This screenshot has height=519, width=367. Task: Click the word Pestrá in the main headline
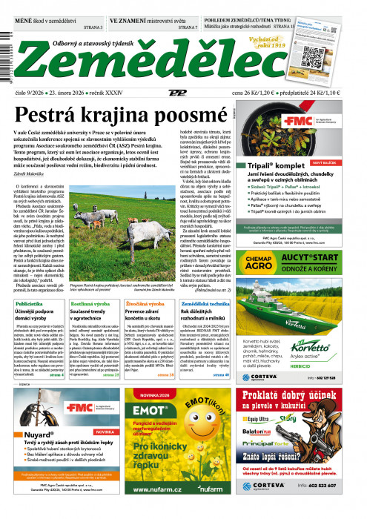click(54, 114)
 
